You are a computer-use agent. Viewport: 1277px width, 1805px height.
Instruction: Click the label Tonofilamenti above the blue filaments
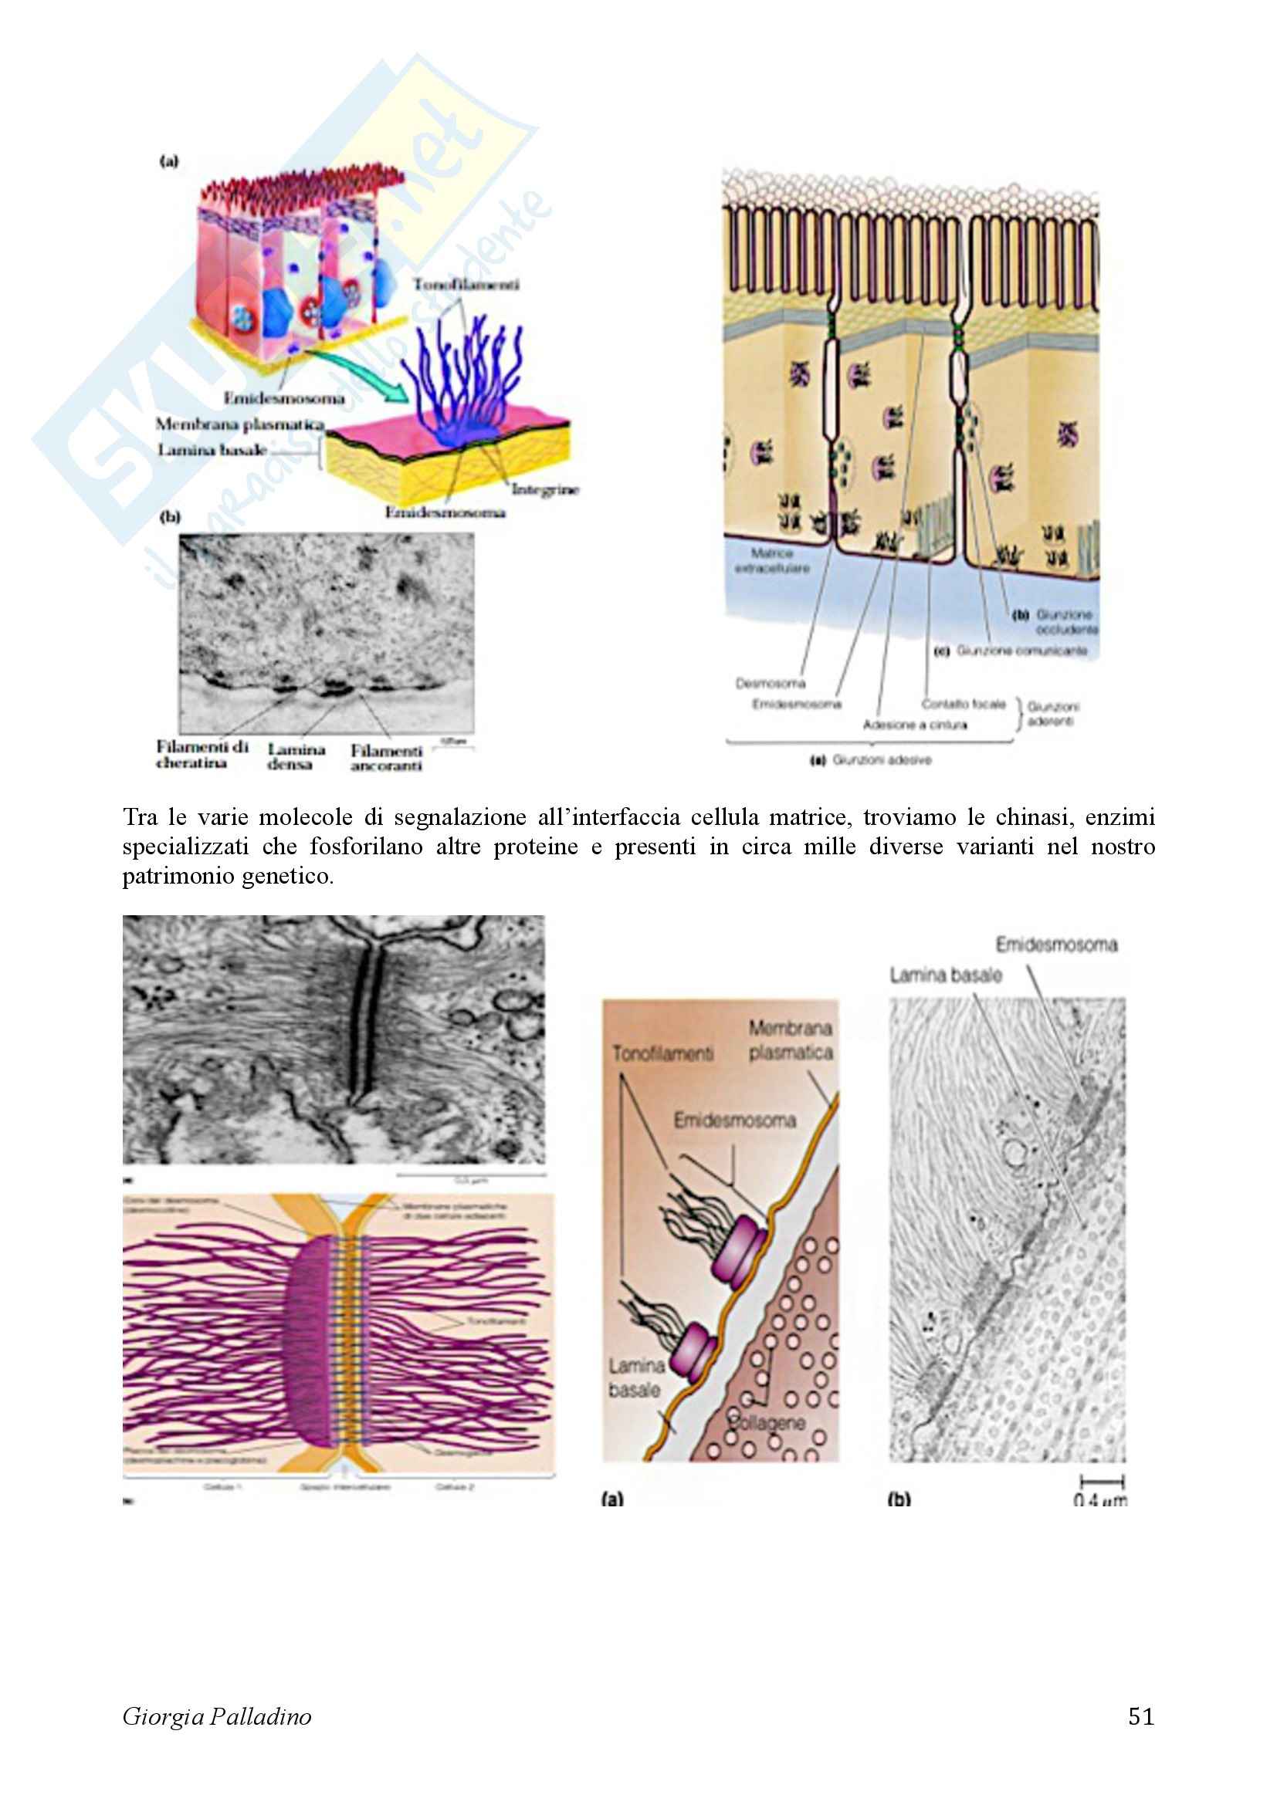click(x=466, y=284)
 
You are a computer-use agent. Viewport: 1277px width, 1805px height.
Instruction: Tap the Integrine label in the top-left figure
click(x=545, y=489)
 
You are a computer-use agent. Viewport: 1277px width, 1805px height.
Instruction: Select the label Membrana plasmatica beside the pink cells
click(x=240, y=424)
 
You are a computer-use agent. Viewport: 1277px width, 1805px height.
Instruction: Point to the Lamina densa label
click(x=296, y=756)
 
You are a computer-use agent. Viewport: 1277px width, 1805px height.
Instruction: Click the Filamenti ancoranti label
click(x=386, y=758)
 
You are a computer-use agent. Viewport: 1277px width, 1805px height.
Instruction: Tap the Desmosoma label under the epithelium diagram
click(x=770, y=683)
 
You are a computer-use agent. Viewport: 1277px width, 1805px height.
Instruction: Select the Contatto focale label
click(x=964, y=704)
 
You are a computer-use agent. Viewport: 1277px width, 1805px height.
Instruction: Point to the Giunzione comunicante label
click(x=1021, y=651)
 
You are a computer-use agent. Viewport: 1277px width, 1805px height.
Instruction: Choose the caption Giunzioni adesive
click(x=881, y=760)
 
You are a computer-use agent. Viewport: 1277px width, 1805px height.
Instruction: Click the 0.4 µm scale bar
click(x=1102, y=1481)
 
